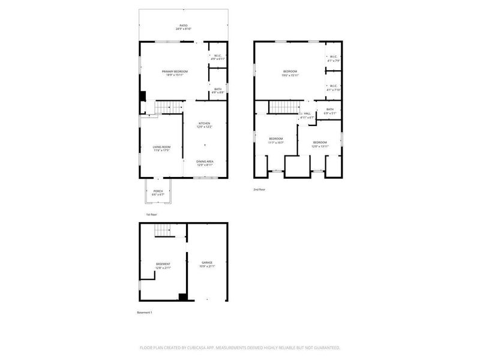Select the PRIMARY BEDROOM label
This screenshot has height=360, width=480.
pos(175,71)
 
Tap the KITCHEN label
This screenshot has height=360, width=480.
pos(205,124)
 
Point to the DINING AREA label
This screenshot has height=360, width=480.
pos(205,161)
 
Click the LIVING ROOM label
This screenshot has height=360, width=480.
pos(161,147)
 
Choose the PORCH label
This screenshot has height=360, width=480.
pos(157,191)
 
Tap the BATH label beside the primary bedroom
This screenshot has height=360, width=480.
pos(218,89)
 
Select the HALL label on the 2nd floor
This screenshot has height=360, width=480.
pos(307,113)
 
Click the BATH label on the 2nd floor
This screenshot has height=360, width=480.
pos(330,109)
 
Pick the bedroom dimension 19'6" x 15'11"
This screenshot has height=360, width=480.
pos(290,76)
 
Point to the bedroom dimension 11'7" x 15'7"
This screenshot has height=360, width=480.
pos(275,142)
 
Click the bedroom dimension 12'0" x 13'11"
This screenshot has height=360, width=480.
pos(319,146)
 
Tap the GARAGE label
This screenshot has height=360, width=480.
pos(207,263)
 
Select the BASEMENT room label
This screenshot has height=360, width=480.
pos(163,264)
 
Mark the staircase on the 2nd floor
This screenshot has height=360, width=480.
pos(283,107)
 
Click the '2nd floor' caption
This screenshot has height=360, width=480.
pos(259,189)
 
